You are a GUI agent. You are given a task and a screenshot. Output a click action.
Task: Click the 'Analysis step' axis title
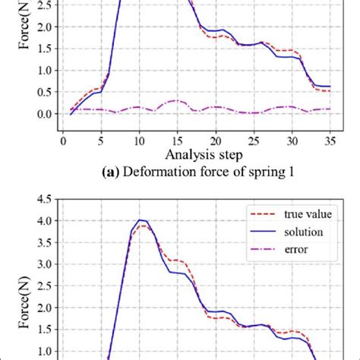click(x=196, y=155)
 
